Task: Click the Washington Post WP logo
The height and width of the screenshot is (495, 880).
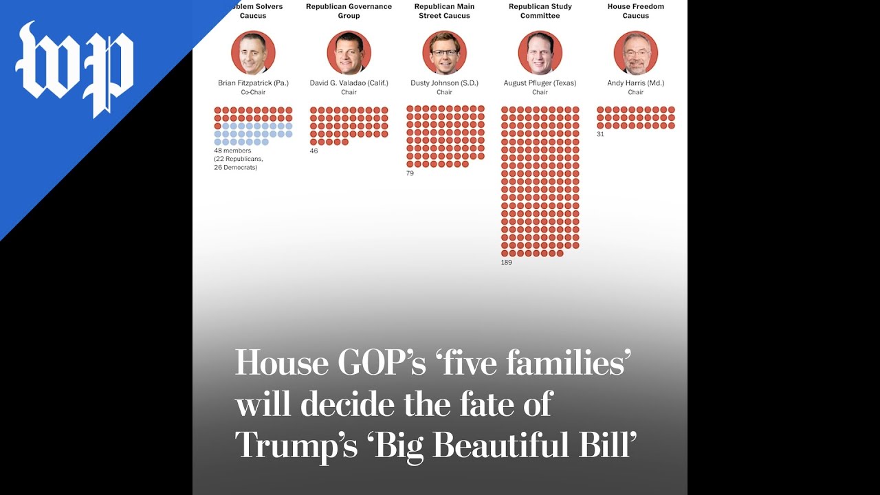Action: (x=74, y=69)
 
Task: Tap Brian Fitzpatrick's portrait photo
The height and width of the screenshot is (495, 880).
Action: (x=253, y=53)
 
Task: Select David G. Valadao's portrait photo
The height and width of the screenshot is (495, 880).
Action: (x=349, y=53)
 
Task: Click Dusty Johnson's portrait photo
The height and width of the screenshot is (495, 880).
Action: (x=444, y=53)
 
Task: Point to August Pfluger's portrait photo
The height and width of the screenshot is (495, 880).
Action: (x=540, y=53)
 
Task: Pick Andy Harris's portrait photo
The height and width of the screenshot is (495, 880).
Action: (x=635, y=53)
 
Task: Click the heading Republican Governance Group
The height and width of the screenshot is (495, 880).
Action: (x=349, y=11)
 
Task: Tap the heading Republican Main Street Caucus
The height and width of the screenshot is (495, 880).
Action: (x=444, y=11)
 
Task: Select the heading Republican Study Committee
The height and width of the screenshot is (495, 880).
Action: (x=540, y=11)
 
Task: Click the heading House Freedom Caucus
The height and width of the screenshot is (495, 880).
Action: (x=635, y=11)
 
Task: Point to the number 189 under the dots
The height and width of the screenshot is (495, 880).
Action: (x=507, y=263)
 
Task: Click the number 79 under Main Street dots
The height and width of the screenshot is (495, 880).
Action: (x=410, y=173)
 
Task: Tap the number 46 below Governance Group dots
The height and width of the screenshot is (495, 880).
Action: (x=313, y=151)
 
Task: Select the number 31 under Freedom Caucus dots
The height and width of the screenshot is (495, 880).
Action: (x=600, y=134)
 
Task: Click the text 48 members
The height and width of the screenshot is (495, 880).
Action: (x=232, y=151)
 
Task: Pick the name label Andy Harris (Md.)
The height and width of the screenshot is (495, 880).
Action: (x=635, y=83)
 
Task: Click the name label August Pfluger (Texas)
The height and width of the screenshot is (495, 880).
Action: (x=540, y=83)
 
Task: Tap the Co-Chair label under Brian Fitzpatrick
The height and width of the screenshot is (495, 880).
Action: (x=253, y=92)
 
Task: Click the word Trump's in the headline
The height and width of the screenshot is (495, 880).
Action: (x=296, y=445)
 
